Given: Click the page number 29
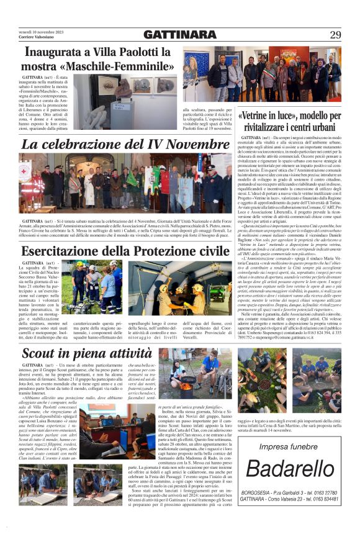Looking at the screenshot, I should coord(335,35).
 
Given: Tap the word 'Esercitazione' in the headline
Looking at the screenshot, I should coord(63,251).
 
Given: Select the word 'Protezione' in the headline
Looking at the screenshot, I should coord(155,251).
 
